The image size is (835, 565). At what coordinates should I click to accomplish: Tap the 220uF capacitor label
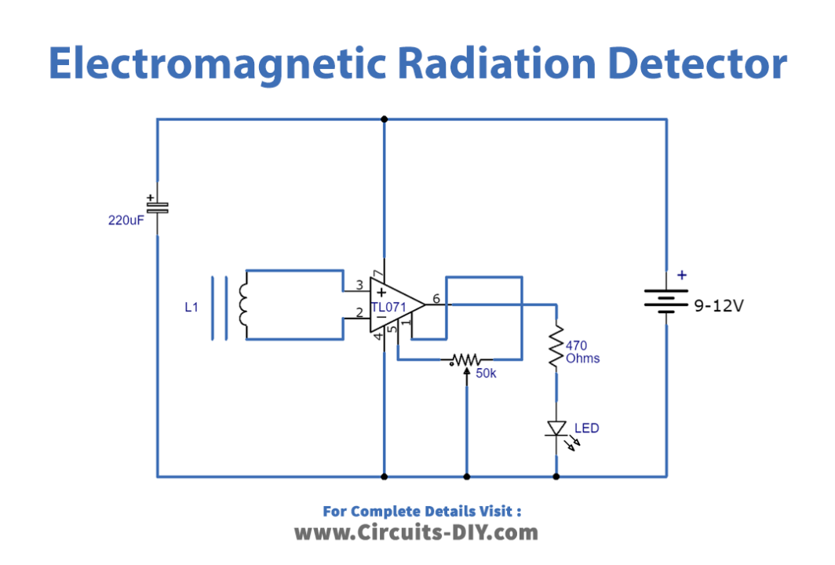click(126, 221)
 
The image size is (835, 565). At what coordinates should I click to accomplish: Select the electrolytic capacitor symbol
click(157, 206)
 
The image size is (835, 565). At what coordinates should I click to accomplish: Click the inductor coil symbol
click(243, 307)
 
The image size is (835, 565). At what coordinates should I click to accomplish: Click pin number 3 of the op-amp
click(359, 285)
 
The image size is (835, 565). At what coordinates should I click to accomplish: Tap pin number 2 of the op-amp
click(359, 313)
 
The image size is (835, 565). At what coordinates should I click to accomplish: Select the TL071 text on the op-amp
click(388, 307)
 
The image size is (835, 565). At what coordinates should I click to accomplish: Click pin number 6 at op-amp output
click(436, 299)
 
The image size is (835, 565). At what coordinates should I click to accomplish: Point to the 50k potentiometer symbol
click(466, 360)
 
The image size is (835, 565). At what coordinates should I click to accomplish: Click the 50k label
click(486, 374)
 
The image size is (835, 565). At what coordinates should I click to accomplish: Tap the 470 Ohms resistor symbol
click(556, 346)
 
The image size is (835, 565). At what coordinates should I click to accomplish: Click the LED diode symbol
click(556, 428)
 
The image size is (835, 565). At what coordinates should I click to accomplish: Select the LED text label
click(586, 428)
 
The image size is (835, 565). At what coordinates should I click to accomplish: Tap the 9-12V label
click(717, 306)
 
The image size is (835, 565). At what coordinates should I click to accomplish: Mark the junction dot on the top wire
click(384, 119)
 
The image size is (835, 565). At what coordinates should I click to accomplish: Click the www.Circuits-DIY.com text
click(416, 533)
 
